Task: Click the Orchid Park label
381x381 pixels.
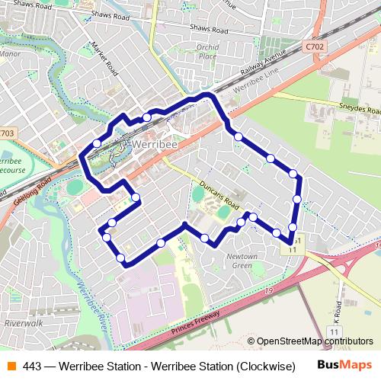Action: point(207,52)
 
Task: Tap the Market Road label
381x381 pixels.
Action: point(104,59)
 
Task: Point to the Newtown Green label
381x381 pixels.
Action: point(242,261)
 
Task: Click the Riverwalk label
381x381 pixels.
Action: point(22,323)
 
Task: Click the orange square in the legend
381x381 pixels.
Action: point(10,366)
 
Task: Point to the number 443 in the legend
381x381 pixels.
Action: point(32,366)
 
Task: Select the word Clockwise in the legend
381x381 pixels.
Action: point(266,366)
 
